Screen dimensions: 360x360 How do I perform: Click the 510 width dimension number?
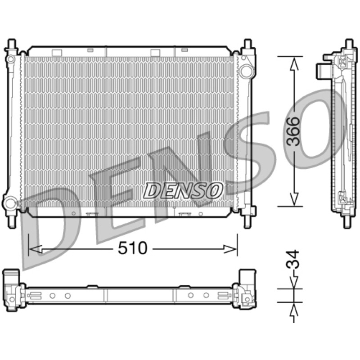(132, 248)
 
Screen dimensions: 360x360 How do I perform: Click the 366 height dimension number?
(294, 131)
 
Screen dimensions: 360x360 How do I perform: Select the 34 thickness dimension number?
(293, 260)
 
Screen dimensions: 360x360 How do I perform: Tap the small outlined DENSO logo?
(183, 190)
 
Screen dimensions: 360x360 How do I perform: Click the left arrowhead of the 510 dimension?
(36, 249)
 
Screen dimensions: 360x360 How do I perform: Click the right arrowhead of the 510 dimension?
(229, 249)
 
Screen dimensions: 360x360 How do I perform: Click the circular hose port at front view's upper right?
(246, 71)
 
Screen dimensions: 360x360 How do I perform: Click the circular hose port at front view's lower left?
(10, 203)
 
